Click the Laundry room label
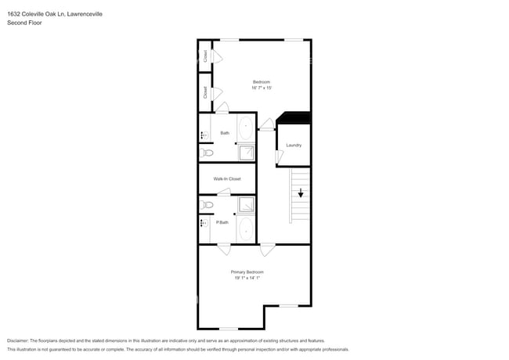pos(294,145)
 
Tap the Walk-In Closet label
pos(227,178)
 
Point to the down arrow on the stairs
pos(300,193)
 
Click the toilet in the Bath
pos(206,153)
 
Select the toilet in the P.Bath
pos(207,205)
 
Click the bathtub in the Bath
pos(246,128)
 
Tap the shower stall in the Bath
pos(246,152)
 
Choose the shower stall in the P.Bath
pos(246,205)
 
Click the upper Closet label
pos(205,56)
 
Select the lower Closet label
pos(205,92)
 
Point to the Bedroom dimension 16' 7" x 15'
pos(262,88)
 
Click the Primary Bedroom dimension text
pos(247,278)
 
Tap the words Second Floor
pos(25,23)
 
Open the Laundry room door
pos(280,157)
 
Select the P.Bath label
pos(222,222)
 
